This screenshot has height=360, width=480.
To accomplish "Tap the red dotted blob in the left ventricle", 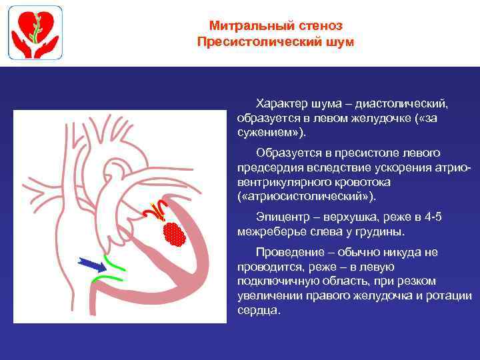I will tap(173, 233).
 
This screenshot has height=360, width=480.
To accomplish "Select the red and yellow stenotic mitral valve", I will tap(156, 211).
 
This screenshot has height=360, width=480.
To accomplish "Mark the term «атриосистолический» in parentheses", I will tap(306, 196).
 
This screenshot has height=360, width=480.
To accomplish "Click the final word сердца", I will tap(257, 311).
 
